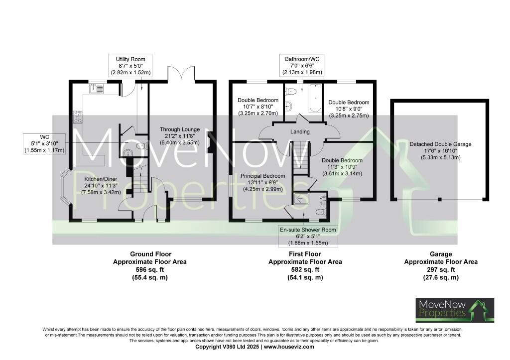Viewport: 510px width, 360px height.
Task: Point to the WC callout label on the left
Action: click(x=44, y=143)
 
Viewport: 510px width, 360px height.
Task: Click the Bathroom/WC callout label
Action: click(x=302, y=65)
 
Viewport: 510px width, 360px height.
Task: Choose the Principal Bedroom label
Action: click(x=263, y=182)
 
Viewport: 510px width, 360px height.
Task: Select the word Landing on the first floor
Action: click(x=300, y=132)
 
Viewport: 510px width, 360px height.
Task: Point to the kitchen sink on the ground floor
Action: click(x=97, y=89)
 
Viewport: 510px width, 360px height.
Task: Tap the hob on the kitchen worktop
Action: click(x=78, y=117)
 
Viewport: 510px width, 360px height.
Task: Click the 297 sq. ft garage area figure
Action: click(x=440, y=269)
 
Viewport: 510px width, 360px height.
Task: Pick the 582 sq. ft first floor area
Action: click(x=305, y=269)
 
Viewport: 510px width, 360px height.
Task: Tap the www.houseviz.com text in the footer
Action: click(x=289, y=347)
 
